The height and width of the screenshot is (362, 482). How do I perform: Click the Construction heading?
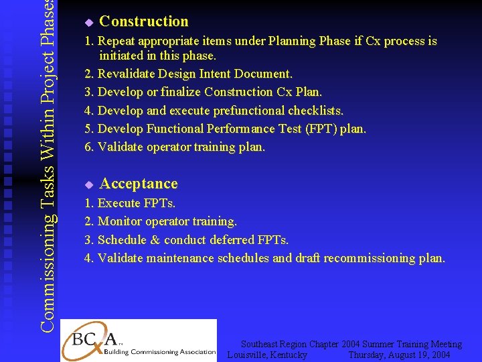[x=143, y=21]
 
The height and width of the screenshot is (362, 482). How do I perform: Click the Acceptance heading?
[x=139, y=184]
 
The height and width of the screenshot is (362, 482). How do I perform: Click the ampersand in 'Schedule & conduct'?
[x=153, y=239]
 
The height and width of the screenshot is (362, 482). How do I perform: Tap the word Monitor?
[x=120, y=221]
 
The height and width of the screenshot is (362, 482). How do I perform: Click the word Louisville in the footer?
[x=249, y=355]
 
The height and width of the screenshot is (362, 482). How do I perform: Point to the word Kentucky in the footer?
[x=286, y=355]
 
